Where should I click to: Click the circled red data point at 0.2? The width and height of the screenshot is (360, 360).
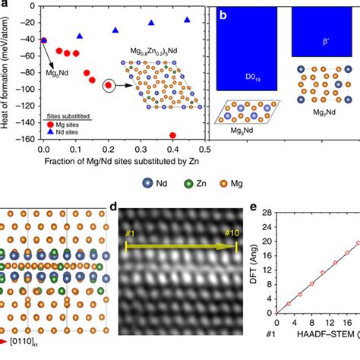109,86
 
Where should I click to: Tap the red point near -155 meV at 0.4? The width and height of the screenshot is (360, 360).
173,135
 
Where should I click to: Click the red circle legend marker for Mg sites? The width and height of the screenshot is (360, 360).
50,122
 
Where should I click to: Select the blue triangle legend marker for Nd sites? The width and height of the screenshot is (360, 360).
50,131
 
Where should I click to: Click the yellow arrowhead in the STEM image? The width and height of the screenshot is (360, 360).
231,247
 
